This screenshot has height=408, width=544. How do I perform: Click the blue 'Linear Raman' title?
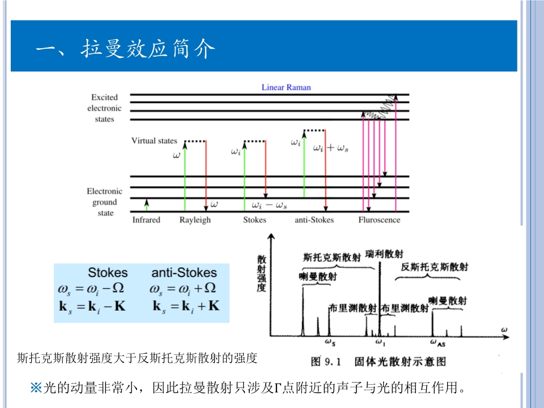[286, 87]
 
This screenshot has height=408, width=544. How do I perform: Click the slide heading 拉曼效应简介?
[148, 48]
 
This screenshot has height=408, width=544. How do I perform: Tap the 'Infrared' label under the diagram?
[146, 220]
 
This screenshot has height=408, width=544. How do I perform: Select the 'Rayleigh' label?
[195, 220]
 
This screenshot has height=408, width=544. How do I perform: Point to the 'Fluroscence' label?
[379, 220]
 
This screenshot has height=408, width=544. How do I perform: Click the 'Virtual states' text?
[154, 141]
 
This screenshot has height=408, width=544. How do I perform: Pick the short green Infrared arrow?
[147, 205]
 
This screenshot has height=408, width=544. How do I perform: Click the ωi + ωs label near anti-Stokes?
[330, 148]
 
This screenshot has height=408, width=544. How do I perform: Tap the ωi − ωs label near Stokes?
[270, 205]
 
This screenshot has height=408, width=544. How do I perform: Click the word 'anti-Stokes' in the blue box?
[184, 273]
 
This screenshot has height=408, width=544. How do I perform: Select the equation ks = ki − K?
[92, 307]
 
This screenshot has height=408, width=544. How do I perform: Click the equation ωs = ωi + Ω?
[183, 288]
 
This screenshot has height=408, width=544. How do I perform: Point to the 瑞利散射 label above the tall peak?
[384, 254]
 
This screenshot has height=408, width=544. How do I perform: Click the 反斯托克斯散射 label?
[435, 267]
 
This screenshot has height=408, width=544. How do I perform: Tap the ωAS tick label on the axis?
[437, 343]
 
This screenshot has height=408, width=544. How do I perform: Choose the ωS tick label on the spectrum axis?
[330, 342]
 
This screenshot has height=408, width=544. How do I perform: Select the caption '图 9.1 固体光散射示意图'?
[378, 362]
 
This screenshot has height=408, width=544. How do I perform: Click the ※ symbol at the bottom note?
[36, 388]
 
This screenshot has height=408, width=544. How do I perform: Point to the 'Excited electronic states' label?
[104, 108]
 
